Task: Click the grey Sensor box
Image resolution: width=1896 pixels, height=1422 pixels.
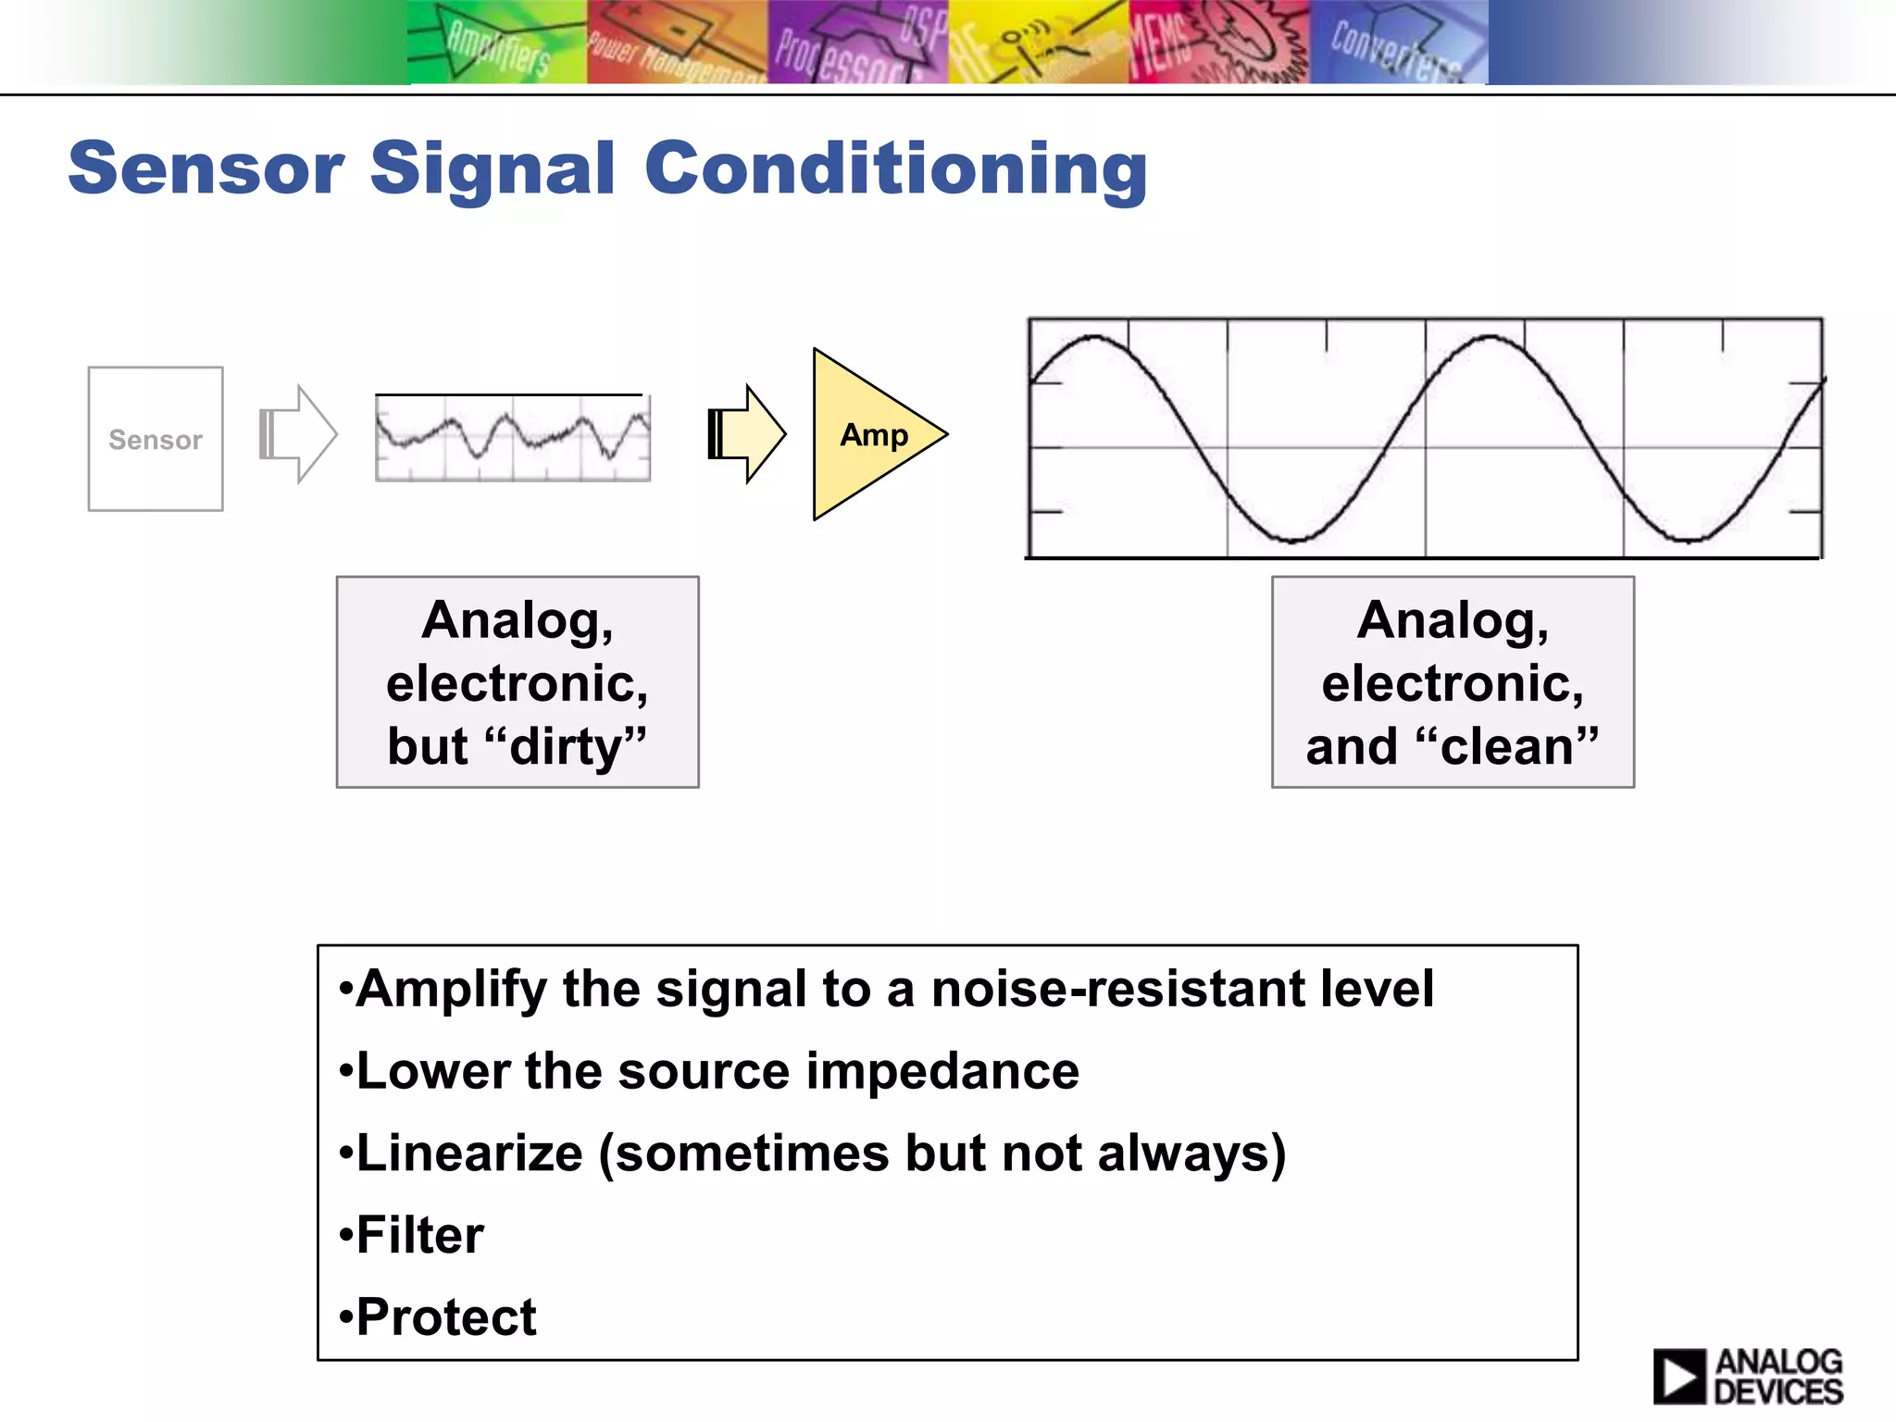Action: coord(156,439)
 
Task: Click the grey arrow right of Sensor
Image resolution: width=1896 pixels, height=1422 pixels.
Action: coord(298,433)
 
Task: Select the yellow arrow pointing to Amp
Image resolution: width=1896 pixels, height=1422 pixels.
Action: coord(746,433)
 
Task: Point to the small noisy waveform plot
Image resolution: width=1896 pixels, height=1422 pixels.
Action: coord(512,437)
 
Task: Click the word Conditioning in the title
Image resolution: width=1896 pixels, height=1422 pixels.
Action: coord(895,168)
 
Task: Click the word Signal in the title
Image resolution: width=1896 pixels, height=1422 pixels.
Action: coord(493,168)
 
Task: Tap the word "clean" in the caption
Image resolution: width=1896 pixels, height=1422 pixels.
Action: coord(1506,746)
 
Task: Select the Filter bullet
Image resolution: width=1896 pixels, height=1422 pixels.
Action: coord(419,1235)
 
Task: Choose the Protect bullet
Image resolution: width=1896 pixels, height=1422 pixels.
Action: coord(445,1316)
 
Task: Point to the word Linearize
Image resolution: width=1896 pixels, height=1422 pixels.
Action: coord(469,1154)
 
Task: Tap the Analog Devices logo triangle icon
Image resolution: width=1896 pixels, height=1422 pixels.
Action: coord(1678,1376)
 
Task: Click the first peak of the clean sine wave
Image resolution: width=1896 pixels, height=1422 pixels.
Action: coord(1095,338)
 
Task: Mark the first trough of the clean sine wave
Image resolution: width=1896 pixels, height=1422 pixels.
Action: coord(1293,540)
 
